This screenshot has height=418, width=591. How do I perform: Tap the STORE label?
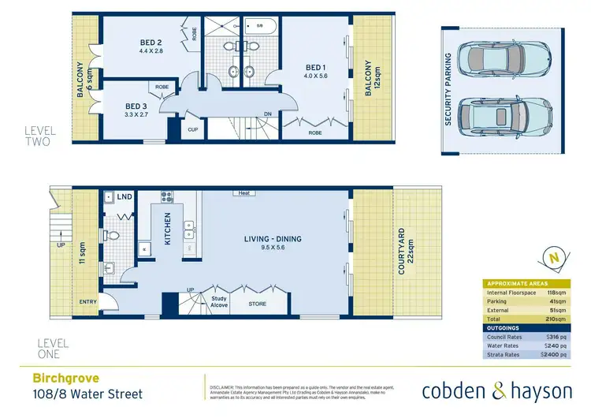258,304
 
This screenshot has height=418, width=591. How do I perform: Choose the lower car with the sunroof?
500,118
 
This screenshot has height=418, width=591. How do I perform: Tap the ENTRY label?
85,302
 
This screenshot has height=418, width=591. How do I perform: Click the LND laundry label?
125,196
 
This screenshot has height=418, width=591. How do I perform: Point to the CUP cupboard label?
193,129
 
